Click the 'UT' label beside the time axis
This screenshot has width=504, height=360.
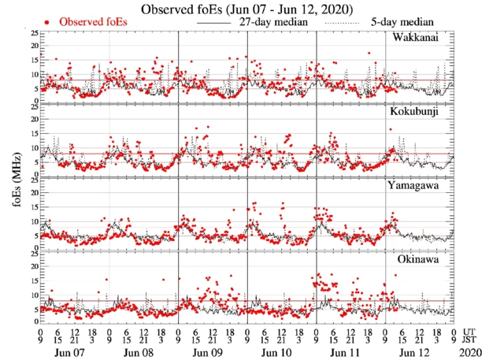coord(469,332)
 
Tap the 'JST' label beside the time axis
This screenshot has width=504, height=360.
coord(470,342)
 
